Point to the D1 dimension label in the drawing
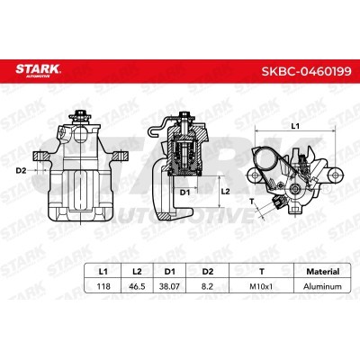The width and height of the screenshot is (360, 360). pos(184,192)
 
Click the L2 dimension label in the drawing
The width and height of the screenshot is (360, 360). pos(228,191)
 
